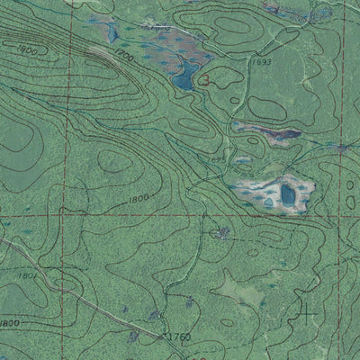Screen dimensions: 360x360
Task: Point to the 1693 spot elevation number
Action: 263,63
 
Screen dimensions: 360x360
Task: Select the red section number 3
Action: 206,80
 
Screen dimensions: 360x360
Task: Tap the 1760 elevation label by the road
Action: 179,337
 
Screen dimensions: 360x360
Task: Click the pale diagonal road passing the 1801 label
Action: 54,269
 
